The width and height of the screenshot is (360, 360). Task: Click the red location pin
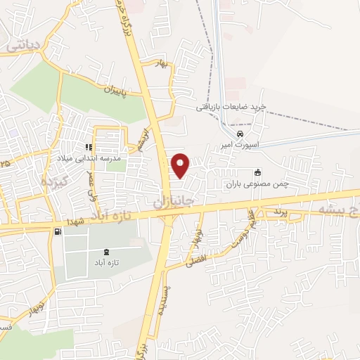click(x=181, y=165)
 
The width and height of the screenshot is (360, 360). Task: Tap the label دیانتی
click(x=25, y=46)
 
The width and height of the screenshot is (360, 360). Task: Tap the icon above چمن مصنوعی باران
click(x=258, y=172)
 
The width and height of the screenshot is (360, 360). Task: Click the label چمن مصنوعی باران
click(x=257, y=184)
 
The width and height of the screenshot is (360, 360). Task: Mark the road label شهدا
click(x=77, y=221)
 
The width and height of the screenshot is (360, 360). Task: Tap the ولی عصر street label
click(x=91, y=184)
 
